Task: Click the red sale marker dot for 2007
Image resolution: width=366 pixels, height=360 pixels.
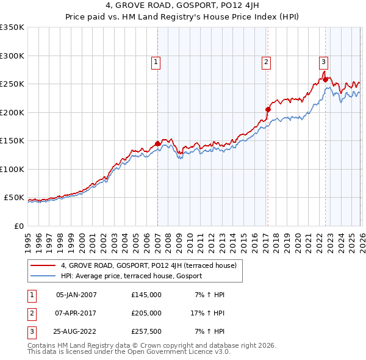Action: click(157, 144)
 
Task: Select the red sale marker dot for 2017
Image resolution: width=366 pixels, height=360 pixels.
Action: click(268, 110)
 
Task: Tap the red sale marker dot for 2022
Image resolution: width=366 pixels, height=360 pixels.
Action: click(326, 79)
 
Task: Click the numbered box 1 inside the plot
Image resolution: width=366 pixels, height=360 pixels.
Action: click(156, 62)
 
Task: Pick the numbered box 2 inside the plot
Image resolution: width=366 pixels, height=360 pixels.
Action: click(267, 62)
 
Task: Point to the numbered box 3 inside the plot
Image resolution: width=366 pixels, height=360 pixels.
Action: click(323, 61)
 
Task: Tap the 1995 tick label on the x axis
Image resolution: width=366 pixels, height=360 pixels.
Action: click(28, 239)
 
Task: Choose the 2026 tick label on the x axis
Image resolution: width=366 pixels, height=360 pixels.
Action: click(361, 239)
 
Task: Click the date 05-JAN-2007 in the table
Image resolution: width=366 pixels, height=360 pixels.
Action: click(76, 295)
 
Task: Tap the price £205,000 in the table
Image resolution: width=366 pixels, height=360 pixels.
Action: click(146, 313)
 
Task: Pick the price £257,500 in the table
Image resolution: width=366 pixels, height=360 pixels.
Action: click(146, 331)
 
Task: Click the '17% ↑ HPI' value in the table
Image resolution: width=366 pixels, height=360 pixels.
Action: click(206, 313)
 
